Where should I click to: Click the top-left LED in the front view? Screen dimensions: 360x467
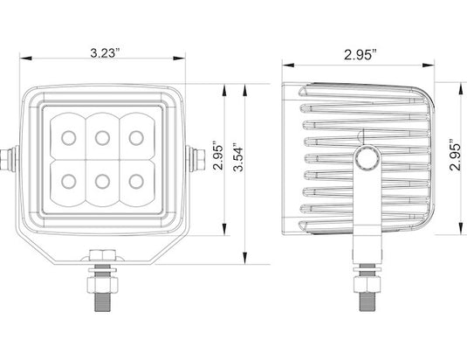(x=68, y=136)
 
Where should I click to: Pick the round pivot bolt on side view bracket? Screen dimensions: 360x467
(x=365, y=156)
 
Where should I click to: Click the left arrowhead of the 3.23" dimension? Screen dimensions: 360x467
(x=24, y=60)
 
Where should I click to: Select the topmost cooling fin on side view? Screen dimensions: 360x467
(x=367, y=94)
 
